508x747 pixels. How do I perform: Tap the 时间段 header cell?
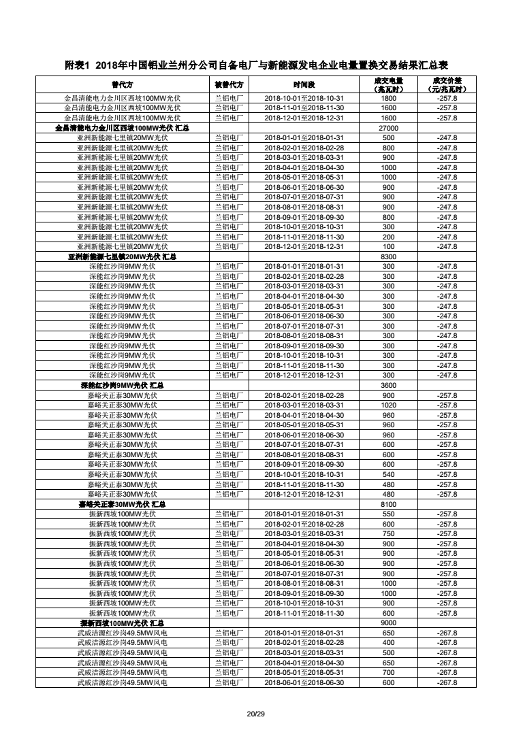304,84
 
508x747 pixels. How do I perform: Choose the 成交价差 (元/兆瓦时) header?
447,84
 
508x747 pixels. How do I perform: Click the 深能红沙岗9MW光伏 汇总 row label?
123,386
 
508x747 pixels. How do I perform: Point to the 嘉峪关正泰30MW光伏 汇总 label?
123,504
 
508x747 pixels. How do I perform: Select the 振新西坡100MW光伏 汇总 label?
123,623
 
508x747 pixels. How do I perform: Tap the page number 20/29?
255,714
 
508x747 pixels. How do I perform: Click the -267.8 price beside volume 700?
447,673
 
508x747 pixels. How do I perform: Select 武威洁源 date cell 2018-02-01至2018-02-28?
304,643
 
